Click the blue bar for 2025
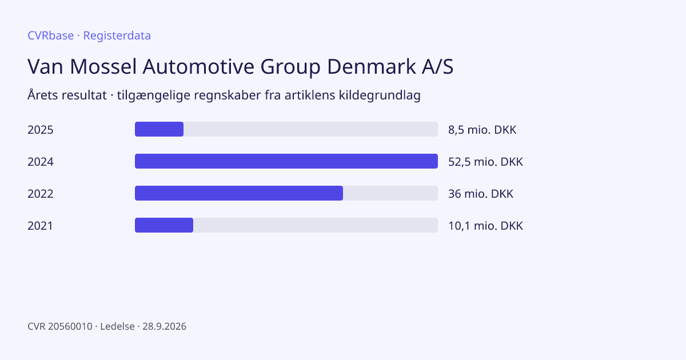tap(159, 129)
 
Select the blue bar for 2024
tap(286, 161)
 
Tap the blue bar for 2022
tap(239, 193)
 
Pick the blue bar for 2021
tap(164, 225)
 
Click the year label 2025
tap(41, 130)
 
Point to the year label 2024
tap(41, 162)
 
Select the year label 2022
tap(41, 194)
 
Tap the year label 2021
tap(40, 226)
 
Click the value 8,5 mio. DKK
tap(482, 130)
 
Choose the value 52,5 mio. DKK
tap(485, 162)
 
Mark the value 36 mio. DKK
tap(481, 194)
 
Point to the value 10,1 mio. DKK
tap(485, 226)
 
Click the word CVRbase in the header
tap(50, 35)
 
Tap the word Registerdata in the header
tap(117, 36)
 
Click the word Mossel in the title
tap(103, 66)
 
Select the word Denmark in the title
tap(372, 66)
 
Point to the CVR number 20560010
tap(70, 326)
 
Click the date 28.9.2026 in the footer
tap(165, 326)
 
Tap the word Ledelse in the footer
tap(117, 326)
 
